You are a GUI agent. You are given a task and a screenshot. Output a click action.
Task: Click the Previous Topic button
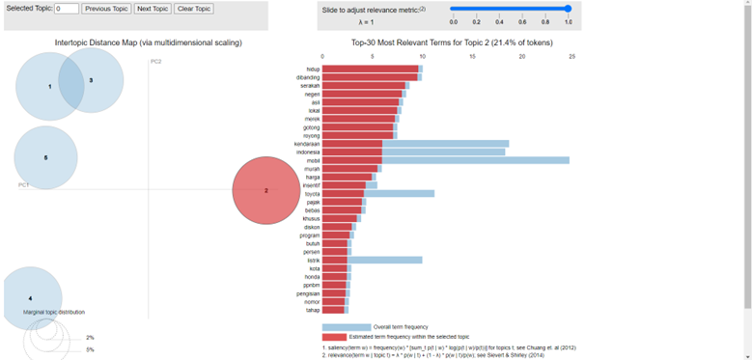point(105,9)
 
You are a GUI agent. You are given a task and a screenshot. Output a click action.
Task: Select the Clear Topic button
point(194,9)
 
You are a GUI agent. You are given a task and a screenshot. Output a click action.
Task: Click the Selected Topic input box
point(67,9)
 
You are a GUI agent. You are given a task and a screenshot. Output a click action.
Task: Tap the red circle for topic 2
point(266,190)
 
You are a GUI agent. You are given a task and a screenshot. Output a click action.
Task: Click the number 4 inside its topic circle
point(30,298)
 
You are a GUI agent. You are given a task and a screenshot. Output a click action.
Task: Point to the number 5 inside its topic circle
point(45,157)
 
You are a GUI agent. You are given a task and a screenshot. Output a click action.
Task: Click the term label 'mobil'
point(313,160)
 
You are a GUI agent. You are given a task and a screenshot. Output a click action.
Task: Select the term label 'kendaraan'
point(307,144)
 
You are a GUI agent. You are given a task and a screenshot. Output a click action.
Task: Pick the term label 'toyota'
point(311,193)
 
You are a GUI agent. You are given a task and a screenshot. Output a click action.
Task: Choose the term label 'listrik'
point(312,260)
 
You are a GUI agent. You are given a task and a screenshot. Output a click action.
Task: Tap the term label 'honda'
point(311,276)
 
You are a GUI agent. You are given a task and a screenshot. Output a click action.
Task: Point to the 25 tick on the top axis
point(572,56)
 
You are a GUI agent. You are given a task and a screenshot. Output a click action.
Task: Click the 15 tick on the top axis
point(472,56)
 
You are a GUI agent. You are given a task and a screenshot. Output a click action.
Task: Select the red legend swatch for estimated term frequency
point(334,337)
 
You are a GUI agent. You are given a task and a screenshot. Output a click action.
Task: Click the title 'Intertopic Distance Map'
point(148,43)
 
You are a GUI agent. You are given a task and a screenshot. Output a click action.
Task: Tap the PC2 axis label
point(155,62)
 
